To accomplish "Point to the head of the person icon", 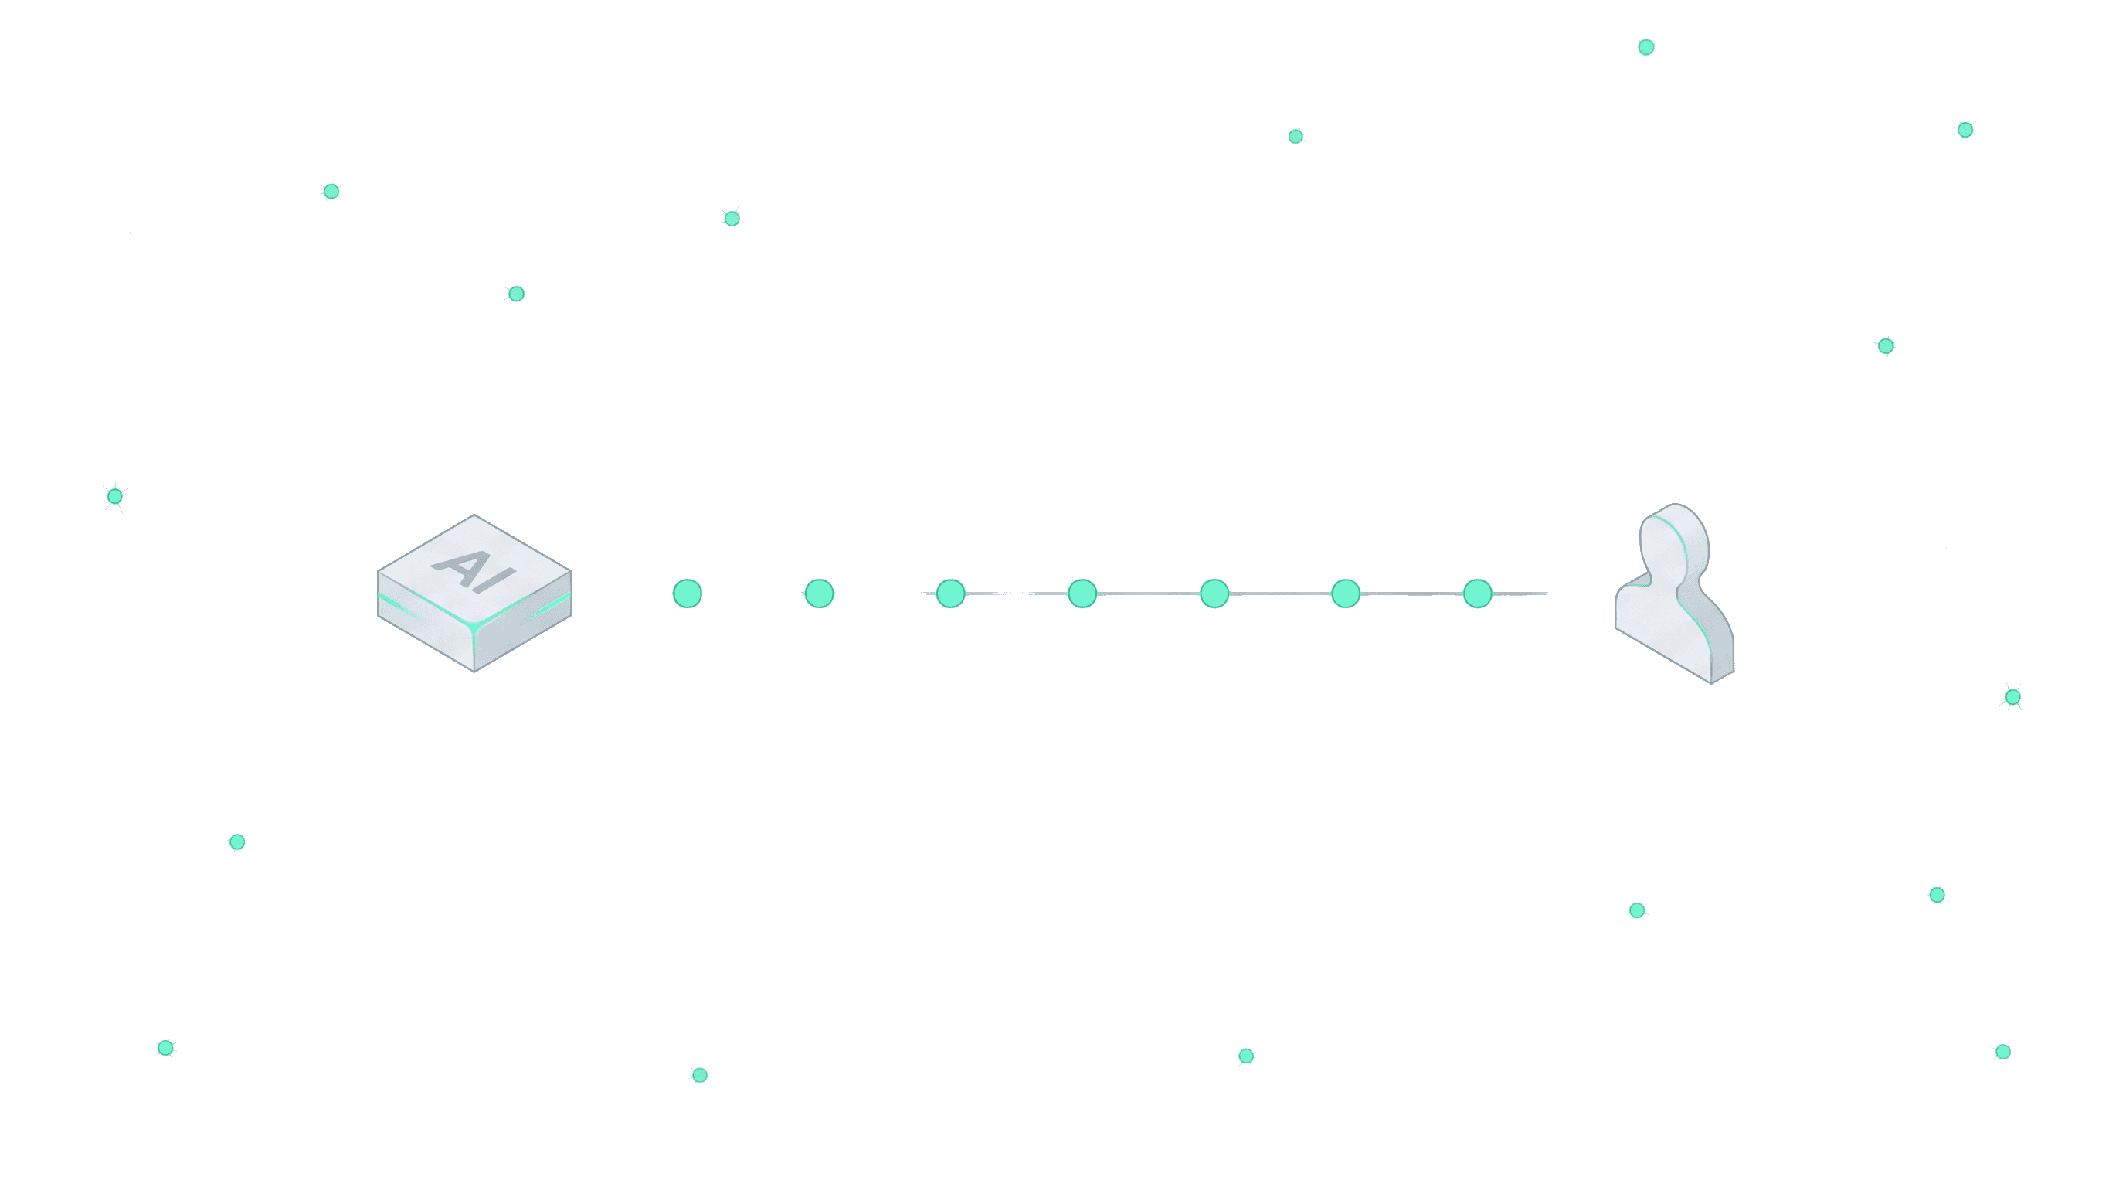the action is [x=1676, y=541].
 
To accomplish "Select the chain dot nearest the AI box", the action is [x=688, y=593].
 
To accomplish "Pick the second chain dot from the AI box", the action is [x=819, y=593].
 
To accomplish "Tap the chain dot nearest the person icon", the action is [x=1477, y=593].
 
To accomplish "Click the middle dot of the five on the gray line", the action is [x=1214, y=593].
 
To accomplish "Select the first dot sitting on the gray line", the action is [x=951, y=593].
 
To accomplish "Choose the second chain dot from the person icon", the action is [x=1345, y=593].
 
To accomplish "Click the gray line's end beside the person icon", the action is [x=1547, y=593].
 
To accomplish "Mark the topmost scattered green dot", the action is [x=1645, y=47].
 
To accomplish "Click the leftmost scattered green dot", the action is [x=114, y=496].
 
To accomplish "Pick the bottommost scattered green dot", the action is [x=699, y=1075].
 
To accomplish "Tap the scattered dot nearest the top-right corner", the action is [x=1965, y=130].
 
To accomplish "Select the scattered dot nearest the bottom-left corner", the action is [x=165, y=1047].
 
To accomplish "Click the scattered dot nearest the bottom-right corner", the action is [x=2003, y=1052].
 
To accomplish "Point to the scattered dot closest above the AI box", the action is [x=516, y=294].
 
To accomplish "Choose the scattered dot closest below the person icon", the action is [x=1636, y=910].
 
